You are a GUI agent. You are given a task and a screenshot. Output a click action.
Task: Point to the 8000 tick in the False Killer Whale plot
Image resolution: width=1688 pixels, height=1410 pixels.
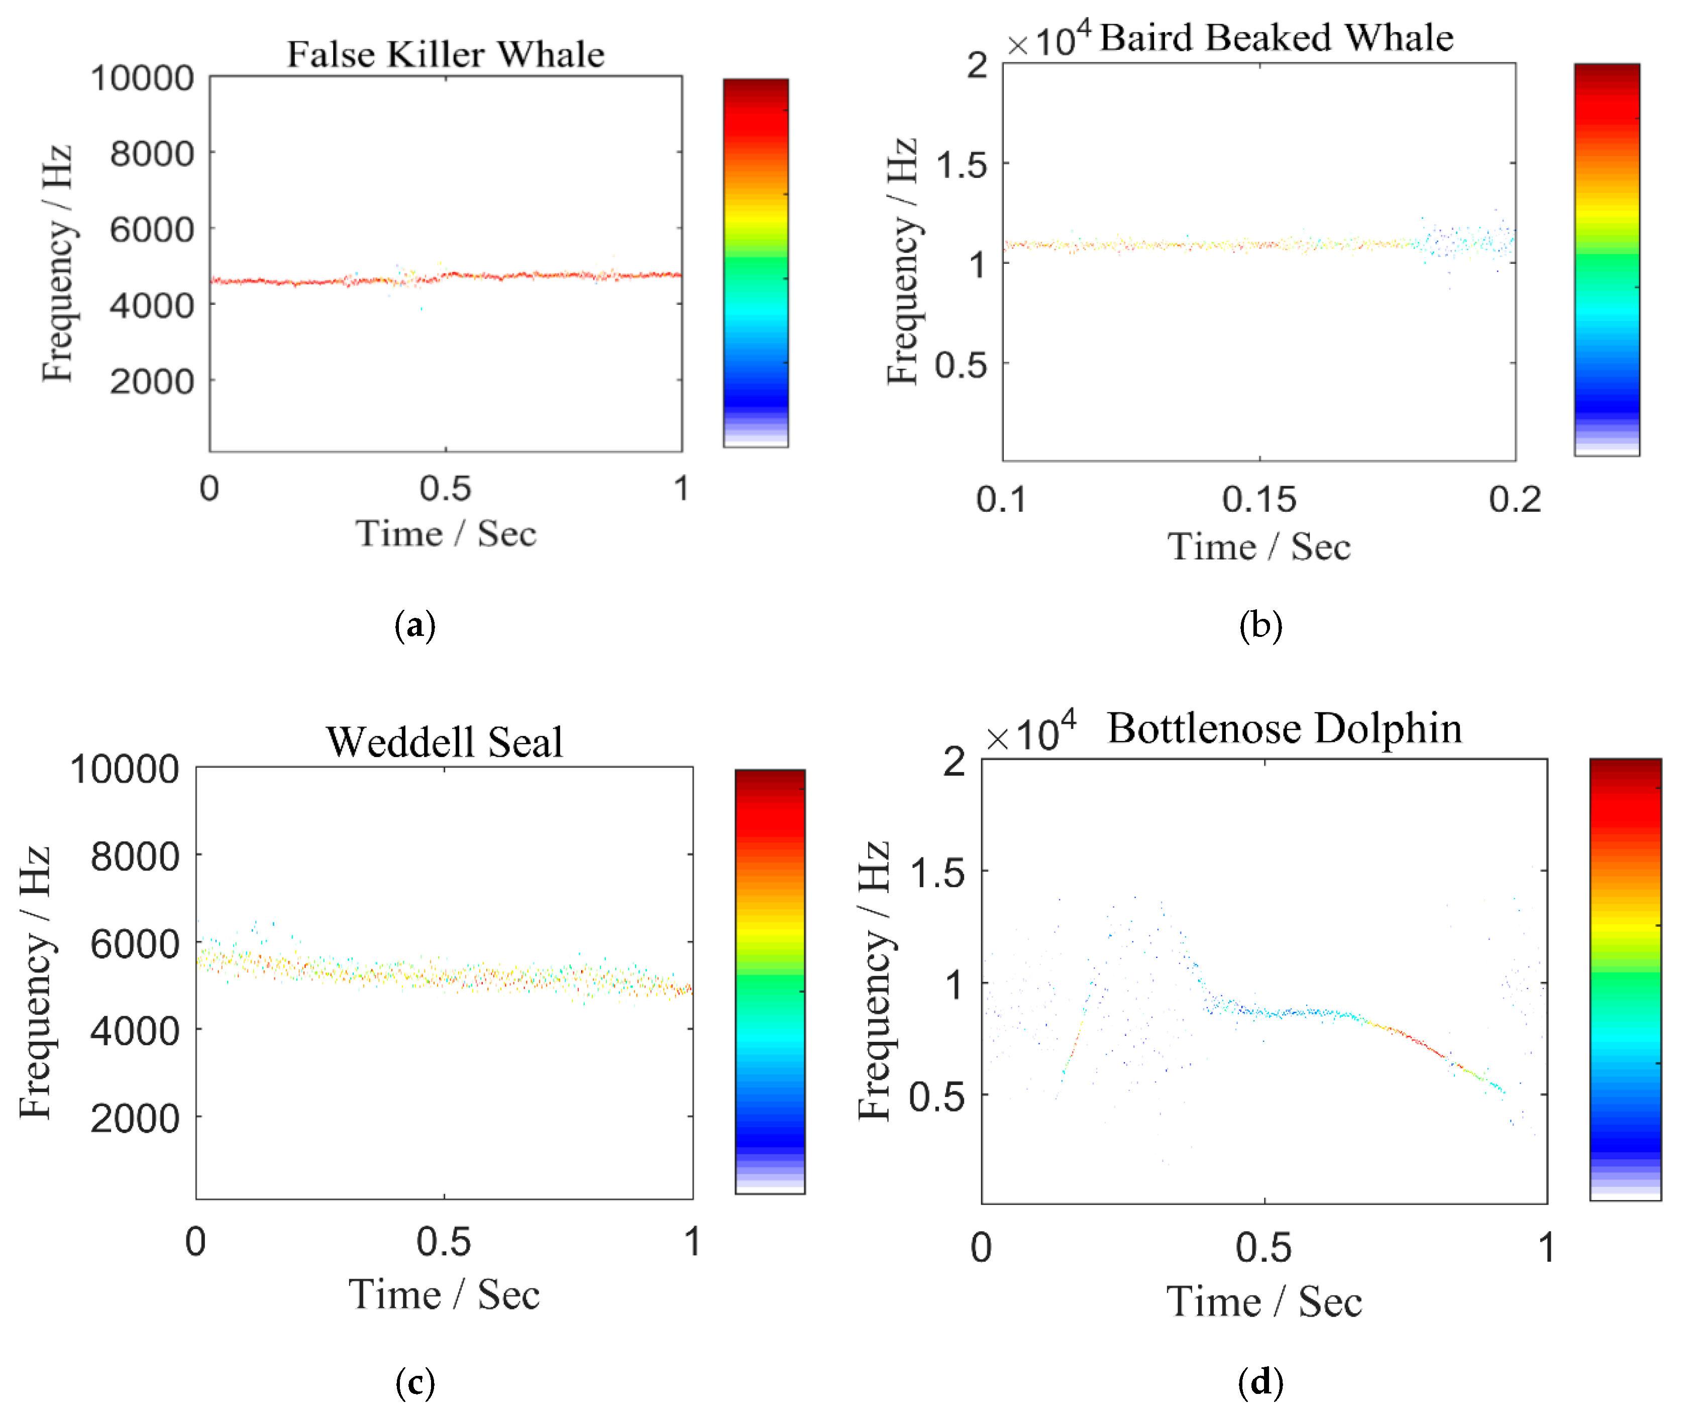coord(152,153)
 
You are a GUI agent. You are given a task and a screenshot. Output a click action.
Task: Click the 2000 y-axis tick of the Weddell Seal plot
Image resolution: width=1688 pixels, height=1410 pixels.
coord(134,1117)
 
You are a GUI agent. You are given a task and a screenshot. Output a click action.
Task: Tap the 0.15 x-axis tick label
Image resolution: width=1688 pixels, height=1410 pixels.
coord(1259,499)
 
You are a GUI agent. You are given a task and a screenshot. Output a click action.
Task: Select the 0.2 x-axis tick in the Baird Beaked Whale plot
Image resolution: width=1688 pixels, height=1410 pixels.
coord(1514,499)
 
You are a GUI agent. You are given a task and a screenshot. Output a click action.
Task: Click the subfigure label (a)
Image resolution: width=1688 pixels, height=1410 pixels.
coord(415,625)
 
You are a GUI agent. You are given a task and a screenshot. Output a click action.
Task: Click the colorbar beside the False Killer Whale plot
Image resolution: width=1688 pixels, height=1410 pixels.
coord(756,263)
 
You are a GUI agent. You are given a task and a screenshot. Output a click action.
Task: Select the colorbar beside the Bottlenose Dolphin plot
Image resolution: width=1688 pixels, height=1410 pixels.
coord(1625,979)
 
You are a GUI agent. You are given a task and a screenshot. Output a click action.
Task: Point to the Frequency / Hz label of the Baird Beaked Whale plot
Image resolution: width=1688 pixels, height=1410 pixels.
coord(902,261)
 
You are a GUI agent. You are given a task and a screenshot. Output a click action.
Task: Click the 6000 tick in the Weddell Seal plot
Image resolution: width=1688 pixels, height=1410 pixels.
coord(134,943)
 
